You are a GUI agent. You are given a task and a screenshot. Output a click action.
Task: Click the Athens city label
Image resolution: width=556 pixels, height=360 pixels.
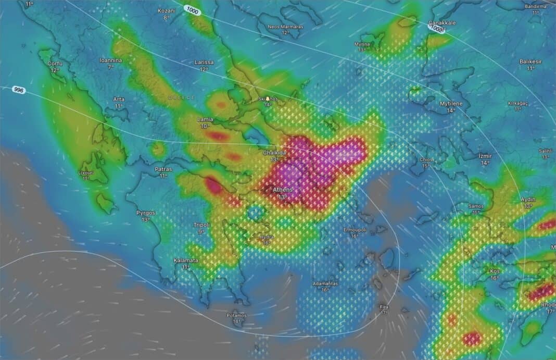click(x=283, y=190)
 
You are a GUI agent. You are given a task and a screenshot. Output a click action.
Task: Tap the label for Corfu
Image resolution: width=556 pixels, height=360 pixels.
click(x=55, y=64)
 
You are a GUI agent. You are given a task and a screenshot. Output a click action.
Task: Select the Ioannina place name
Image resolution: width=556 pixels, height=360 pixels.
click(x=110, y=60)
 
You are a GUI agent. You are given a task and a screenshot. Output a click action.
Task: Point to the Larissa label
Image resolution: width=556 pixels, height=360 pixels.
click(x=204, y=62)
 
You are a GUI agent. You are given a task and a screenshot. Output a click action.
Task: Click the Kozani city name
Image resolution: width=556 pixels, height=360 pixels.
click(x=167, y=10)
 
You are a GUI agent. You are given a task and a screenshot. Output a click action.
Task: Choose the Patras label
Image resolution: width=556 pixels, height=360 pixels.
click(x=163, y=169)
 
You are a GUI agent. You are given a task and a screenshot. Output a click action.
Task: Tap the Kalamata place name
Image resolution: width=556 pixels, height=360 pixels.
click(x=186, y=260)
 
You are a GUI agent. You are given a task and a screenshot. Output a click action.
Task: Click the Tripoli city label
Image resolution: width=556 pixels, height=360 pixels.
click(x=201, y=225)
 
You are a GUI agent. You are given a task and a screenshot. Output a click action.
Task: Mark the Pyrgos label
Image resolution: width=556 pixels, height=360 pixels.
click(x=146, y=213)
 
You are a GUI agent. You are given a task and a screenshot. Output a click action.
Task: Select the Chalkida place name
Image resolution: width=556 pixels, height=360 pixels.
click(x=274, y=153)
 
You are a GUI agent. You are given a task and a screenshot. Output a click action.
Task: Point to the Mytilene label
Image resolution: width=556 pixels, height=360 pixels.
click(x=451, y=104)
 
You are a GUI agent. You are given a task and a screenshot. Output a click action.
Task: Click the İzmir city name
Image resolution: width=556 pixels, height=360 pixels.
click(x=485, y=156)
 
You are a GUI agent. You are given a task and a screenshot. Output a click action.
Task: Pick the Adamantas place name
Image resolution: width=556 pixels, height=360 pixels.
click(x=325, y=283)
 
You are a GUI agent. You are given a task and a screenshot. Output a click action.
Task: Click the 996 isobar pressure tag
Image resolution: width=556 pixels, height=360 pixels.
click(x=19, y=90)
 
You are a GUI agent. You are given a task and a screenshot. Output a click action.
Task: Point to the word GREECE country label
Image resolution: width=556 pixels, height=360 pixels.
click(x=182, y=97)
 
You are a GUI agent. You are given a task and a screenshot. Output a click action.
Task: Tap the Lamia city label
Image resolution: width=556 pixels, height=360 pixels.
click(x=205, y=120)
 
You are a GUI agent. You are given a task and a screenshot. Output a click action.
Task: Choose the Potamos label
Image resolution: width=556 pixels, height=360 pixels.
click(x=237, y=315)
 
